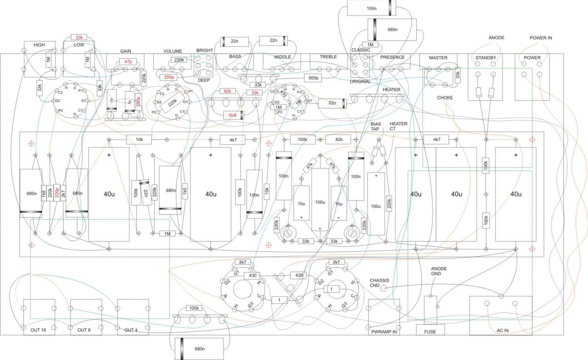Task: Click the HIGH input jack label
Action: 39,45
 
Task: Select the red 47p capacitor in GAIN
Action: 128,62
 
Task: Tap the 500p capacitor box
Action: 313,78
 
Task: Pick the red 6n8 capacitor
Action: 232,115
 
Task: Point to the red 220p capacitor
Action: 57,193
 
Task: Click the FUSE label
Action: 430,332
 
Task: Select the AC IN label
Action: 503,331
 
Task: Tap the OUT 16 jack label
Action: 38,330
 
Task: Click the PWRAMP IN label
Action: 384,332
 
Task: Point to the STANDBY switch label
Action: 486,58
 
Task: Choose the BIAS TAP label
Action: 376,127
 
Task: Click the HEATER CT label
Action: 398,126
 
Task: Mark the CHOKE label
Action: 445,98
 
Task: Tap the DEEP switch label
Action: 204,80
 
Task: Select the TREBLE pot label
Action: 328,57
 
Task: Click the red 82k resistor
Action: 227,91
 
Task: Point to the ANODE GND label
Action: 439,271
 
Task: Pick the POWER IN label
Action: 541,38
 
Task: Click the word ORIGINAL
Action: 360,81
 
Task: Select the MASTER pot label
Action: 438,58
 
